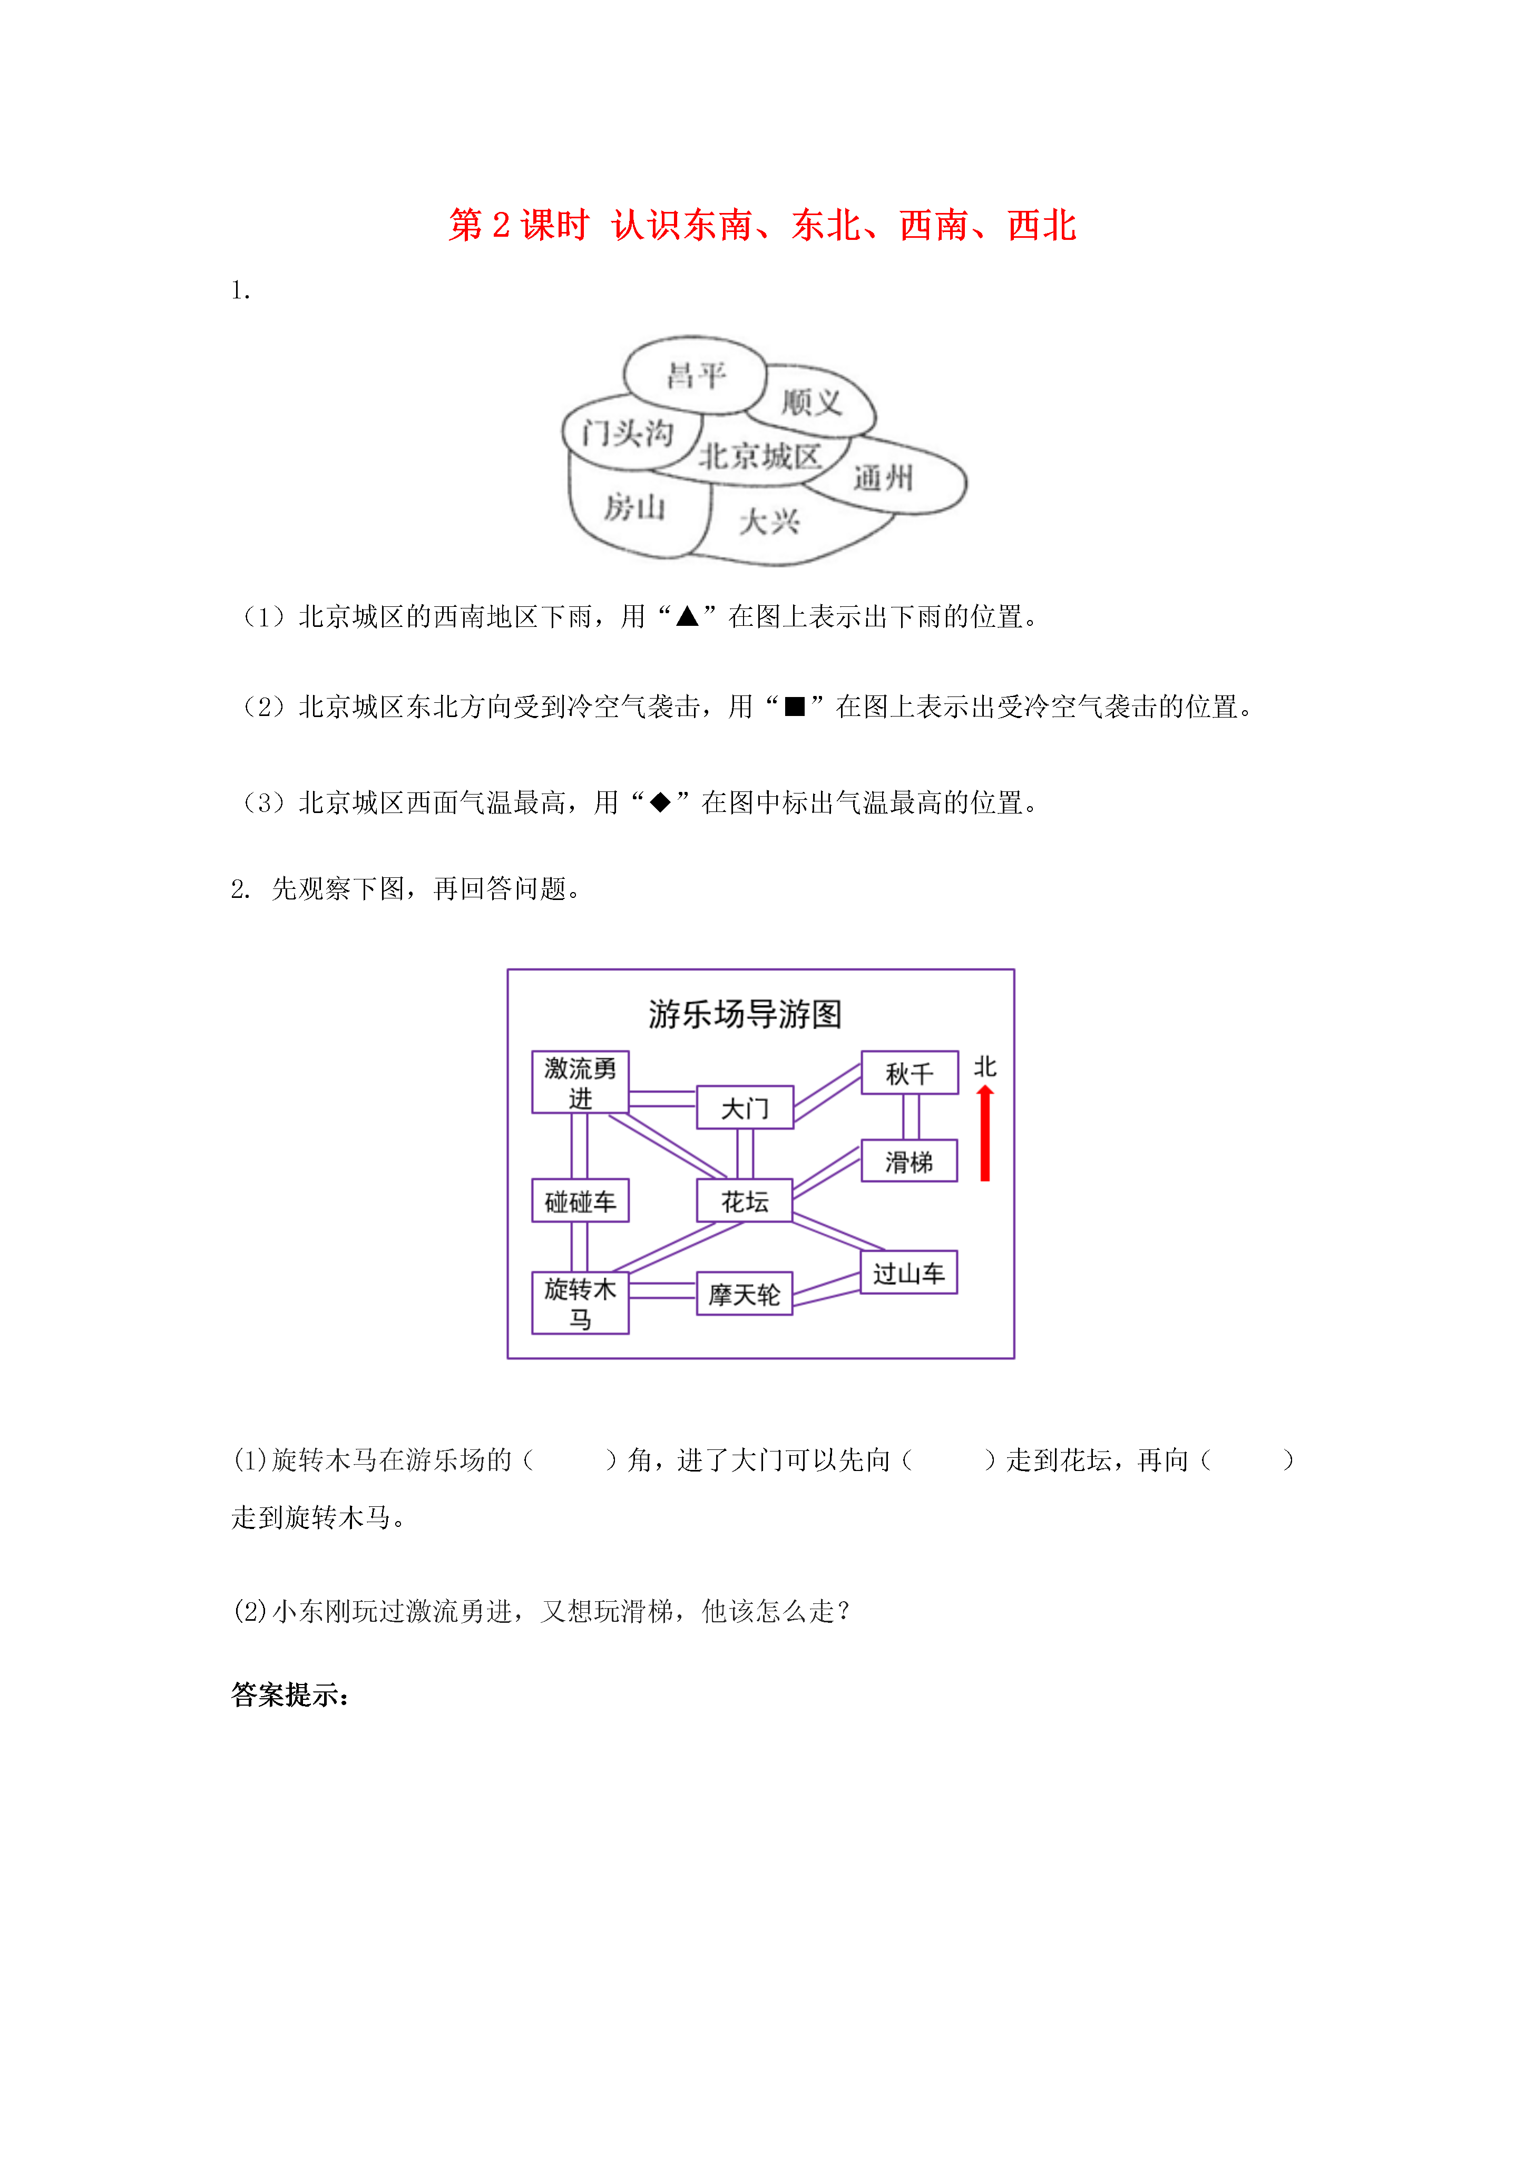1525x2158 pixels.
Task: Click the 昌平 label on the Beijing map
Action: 696,376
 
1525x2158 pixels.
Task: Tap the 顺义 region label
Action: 812,402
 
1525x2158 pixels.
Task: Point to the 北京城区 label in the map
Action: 760,456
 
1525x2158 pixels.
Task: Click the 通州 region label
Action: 883,478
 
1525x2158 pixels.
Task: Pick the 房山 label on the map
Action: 634,508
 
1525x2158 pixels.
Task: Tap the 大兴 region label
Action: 769,521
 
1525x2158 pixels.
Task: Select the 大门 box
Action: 745,1107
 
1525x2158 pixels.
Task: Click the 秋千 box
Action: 910,1072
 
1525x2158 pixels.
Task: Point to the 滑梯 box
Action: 910,1161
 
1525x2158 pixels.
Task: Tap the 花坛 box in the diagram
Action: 745,1200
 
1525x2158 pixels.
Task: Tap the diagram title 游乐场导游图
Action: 745,1014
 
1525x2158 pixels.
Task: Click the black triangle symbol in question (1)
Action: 688,616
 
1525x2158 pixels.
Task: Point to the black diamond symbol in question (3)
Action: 661,802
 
